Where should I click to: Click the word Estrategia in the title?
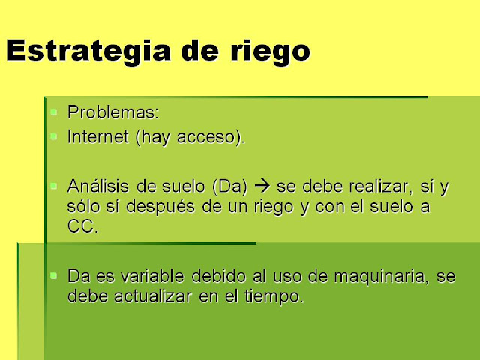88,52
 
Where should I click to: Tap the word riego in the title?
270,52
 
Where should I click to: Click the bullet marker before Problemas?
53,112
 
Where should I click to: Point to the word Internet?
98,136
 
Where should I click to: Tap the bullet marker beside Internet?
53,136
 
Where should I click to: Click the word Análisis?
98,186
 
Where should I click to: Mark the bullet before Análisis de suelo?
53,186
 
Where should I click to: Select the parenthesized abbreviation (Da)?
229,187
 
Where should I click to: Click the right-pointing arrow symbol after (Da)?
262,187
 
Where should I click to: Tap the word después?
160,207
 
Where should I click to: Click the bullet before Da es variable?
53,276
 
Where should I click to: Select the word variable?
152,276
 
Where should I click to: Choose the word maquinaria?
379,277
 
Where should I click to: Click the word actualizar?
153,296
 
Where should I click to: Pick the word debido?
218,276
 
